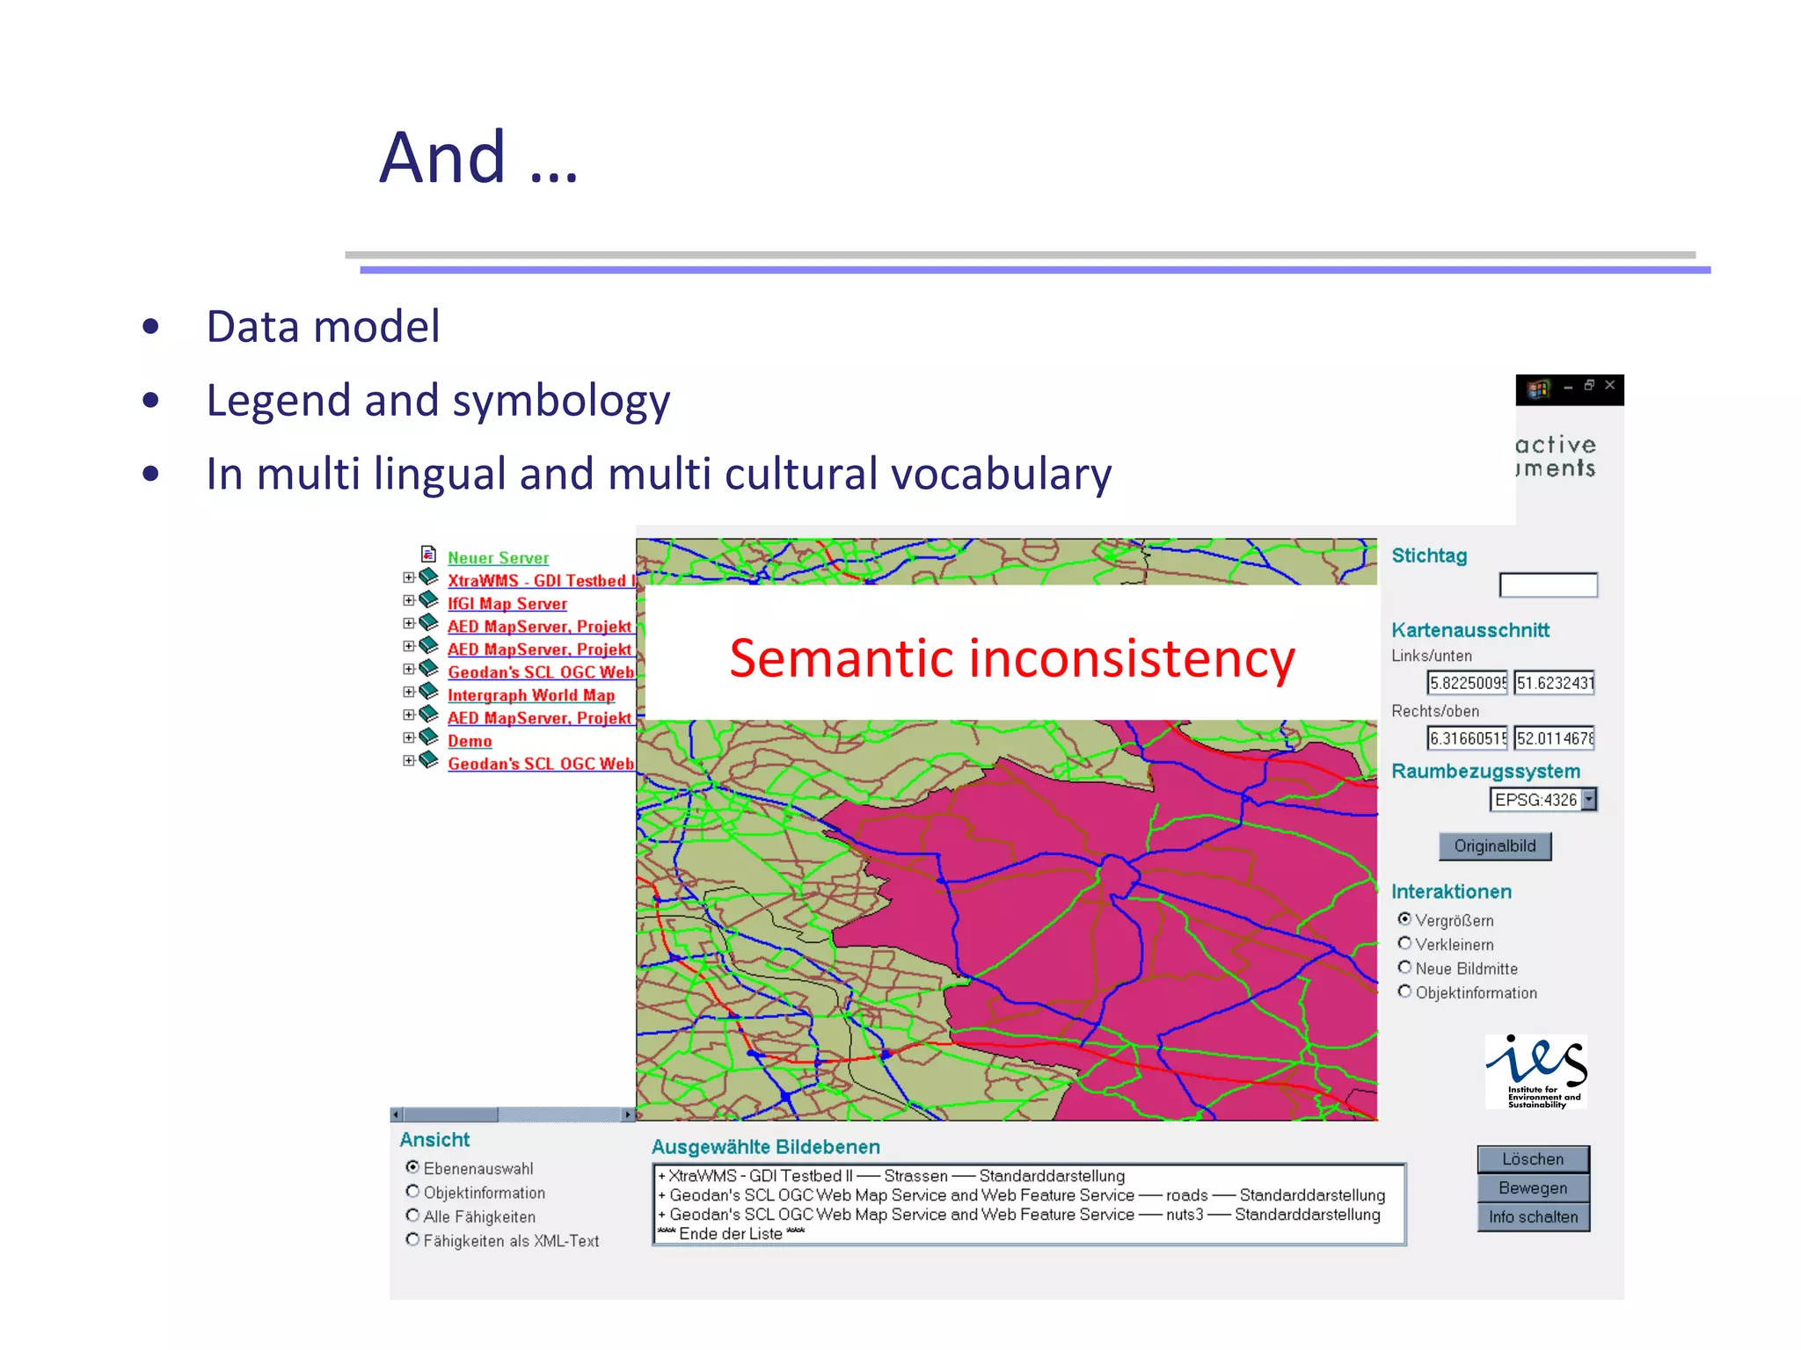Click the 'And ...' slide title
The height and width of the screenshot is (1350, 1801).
pos(478,158)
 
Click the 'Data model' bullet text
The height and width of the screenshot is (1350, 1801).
pos(322,327)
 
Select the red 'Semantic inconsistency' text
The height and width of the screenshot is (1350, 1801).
pos(1011,659)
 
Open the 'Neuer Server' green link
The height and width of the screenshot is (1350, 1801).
pos(498,558)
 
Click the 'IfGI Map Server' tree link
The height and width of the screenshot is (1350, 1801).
pos(507,604)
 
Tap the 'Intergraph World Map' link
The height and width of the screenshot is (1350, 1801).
pos(530,695)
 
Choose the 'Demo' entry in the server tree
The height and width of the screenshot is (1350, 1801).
pos(470,741)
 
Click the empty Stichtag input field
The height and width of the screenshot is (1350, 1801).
pos(1548,585)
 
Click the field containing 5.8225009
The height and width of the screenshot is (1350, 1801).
pos(1467,683)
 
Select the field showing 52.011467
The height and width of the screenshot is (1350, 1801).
pos(1554,738)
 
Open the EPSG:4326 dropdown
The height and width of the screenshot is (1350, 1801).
pos(1588,800)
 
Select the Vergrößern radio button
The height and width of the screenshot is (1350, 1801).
pos(1404,919)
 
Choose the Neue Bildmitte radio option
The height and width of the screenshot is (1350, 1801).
pos(1404,968)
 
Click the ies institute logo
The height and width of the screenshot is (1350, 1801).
pos(1536,1071)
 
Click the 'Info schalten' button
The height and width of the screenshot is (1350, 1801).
pos(1533,1217)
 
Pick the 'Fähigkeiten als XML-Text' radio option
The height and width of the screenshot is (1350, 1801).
pos(412,1240)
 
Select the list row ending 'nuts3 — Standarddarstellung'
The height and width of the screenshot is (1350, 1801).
pos(1020,1215)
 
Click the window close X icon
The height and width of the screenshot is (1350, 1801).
pos(1610,385)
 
